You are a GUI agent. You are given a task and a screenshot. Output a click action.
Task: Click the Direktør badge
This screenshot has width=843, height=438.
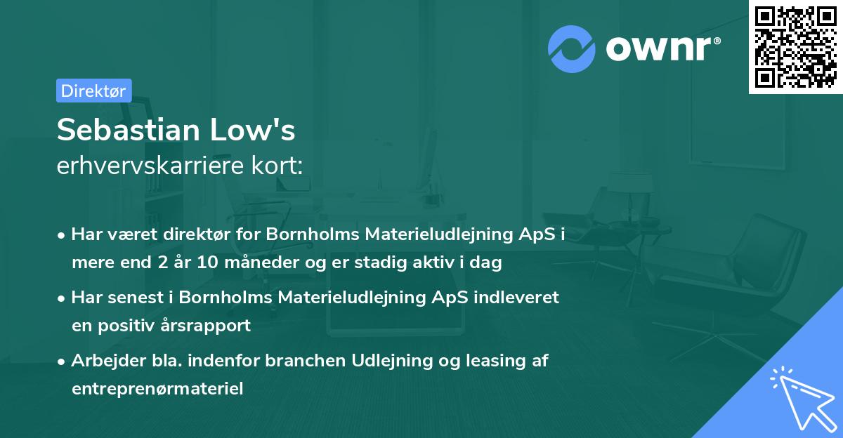click(x=93, y=91)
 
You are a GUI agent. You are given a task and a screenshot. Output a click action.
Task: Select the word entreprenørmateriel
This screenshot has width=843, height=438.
click(x=157, y=389)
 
